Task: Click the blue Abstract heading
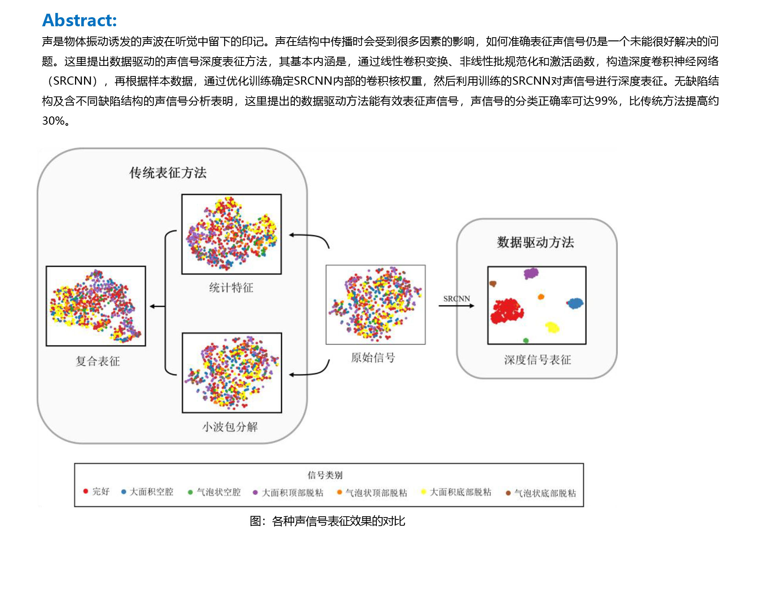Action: point(80,20)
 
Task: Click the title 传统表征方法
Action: point(168,172)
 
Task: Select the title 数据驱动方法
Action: point(535,242)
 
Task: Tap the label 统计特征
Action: point(231,288)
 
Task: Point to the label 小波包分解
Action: point(230,427)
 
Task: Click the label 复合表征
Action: point(98,361)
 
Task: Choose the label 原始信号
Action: point(373,358)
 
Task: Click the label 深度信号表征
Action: point(537,359)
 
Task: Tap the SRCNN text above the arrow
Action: point(456,299)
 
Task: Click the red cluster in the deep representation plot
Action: point(506,311)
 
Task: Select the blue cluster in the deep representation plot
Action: point(575,303)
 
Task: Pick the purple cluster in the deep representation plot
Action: point(531,273)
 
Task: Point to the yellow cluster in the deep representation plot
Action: point(552,327)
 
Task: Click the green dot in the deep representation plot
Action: point(526,340)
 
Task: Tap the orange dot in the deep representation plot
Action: point(541,297)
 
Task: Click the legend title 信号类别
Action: point(325,475)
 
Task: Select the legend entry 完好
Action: point(96,491)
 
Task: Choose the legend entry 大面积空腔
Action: point(147,492)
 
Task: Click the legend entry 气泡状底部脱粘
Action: point(541,493)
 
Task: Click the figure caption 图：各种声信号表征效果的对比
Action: point(327,521)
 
